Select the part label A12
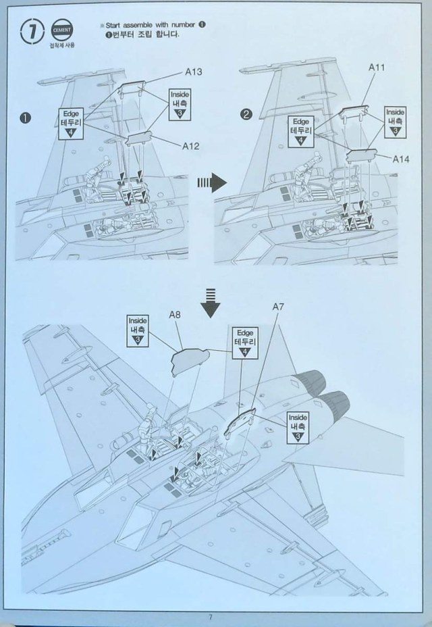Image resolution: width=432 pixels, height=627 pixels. pyautogui.click(x=191, y=145)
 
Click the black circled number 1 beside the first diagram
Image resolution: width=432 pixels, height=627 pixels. pyautogui.click(x=26, y=117)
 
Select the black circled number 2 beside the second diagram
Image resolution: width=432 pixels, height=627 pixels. pyautogui.click(x=246, y=115)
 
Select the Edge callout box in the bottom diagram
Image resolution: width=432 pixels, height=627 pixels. pyautogui.click(x=244, y=343)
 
